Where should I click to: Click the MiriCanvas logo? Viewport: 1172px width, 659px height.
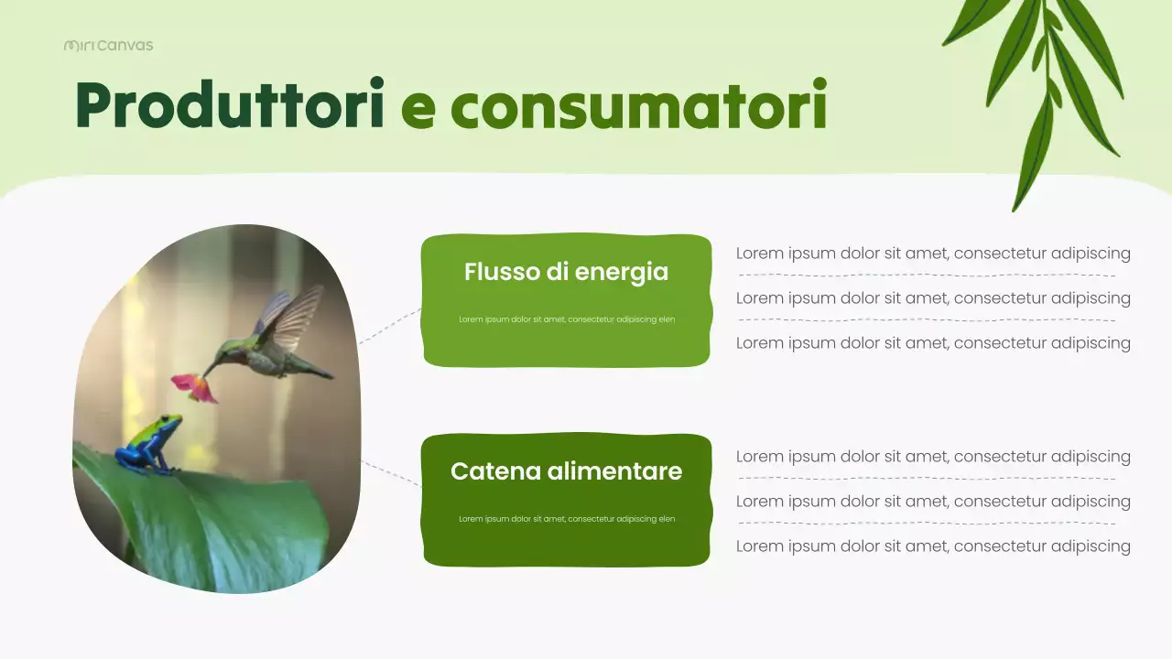(108, 45)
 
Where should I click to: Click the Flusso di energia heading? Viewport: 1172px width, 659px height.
(566, 272)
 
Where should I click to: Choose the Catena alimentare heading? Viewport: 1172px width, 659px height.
(566, 471)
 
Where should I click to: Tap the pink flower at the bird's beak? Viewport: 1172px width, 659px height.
(195, 386)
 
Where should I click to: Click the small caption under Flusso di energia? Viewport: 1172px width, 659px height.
(566, 319)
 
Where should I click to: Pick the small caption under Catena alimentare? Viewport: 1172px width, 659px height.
(566, 519)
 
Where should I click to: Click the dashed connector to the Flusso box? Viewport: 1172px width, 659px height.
(389, 326)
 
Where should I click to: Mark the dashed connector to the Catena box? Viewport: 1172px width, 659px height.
(391, 473)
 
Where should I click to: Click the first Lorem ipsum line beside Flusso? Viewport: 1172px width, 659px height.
(933, 254)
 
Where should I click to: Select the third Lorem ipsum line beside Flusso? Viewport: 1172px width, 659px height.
(933, 343)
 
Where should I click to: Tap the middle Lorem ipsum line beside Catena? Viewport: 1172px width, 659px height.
(933, 502)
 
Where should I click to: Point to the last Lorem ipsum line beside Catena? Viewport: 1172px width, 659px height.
(933, 546)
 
